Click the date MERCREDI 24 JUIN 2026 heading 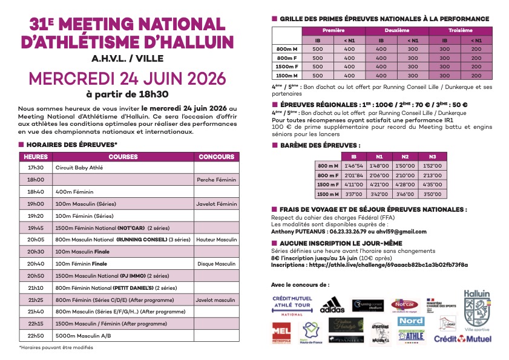click(x=127, y=79)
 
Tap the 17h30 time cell click(x=36, y=168)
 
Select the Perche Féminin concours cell click(x=216, y=180)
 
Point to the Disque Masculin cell click(x=216, y=263)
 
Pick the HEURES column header click(x=36, y=157)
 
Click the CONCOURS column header click(x=216, y=157)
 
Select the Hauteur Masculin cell click(x=216, y=240)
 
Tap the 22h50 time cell click(x=36, y=335)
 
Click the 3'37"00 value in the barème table click(x=353, y=194)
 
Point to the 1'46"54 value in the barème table click(x=353, y=166)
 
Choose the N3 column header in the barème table click(x=432, y=156)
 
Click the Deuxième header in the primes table click(x=396, y=30)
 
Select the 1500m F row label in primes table click(x=287, y=67)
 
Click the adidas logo click(x=332, y=304)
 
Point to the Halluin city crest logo click(x=476, y=309)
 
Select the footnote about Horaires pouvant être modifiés click(x=56, y=347)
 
